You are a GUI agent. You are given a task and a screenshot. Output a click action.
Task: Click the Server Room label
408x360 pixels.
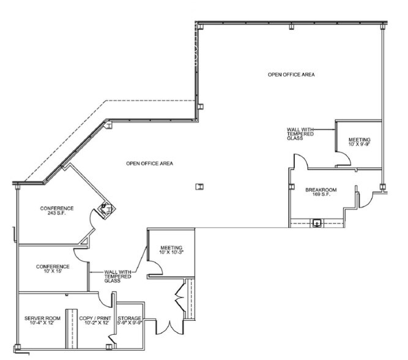click(42, 318)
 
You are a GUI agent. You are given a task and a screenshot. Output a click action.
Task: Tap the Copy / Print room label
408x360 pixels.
click(94, 318)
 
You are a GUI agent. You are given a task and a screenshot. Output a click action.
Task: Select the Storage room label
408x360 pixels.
click(130, 318)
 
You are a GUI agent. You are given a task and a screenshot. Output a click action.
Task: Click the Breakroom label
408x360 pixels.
click(317, 190)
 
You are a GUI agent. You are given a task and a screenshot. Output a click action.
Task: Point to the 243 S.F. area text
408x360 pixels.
click(57, 213)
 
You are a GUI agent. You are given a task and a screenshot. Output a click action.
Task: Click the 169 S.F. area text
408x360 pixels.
click(317, 195)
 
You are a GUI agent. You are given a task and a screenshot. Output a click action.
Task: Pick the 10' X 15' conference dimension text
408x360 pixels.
click(53, 272)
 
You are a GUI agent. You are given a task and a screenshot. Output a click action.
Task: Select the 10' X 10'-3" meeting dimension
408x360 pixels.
click(172, 252)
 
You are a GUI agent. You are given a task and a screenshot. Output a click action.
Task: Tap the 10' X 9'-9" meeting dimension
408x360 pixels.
click(359, 144)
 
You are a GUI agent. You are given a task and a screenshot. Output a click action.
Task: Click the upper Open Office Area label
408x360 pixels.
click(291, 75)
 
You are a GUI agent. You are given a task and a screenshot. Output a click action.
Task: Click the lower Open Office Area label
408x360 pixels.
click(149, 163)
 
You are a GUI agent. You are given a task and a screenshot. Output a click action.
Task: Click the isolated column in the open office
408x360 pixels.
click(199, 187)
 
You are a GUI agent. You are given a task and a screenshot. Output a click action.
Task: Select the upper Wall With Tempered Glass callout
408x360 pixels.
click(300, 133)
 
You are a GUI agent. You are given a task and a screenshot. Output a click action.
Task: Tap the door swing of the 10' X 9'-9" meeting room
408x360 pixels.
click(344, 159)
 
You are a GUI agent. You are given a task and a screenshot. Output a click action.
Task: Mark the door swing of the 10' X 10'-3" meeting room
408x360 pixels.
click(155, 268)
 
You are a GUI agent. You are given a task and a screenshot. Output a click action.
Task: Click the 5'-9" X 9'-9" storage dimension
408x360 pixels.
click(130, 323)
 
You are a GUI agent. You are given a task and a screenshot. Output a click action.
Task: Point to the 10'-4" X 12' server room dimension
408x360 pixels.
click(42, 323)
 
